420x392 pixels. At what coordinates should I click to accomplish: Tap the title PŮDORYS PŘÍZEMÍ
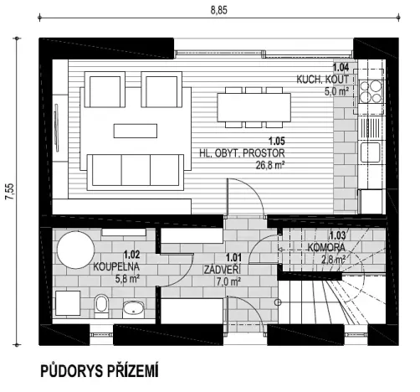98,370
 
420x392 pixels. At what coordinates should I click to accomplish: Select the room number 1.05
275,142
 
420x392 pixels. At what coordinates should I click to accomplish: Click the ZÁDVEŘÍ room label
223,271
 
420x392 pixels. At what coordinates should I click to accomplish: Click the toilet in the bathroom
100,303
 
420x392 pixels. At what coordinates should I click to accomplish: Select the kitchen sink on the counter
369,152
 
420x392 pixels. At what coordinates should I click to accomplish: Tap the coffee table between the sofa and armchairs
136,130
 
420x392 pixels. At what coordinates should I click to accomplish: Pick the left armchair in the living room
105,90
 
